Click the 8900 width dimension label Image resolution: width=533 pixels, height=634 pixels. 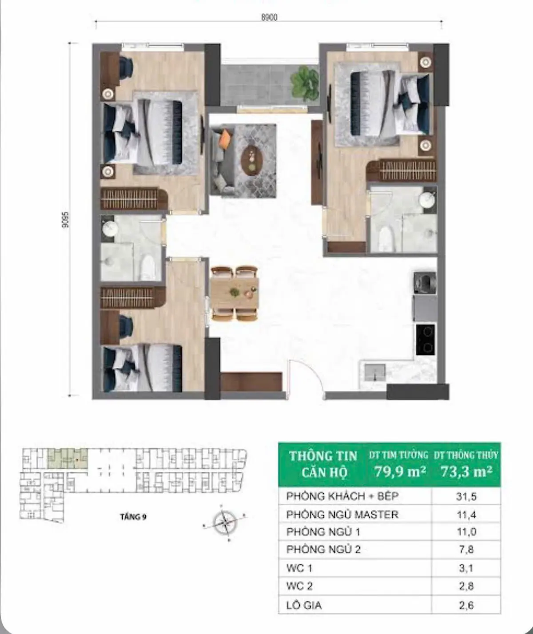(269, 17)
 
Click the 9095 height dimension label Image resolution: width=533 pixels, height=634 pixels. (65, 219)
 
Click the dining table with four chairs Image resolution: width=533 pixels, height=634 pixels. (235, 293)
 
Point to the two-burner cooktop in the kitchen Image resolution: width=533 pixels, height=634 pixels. (425, 340)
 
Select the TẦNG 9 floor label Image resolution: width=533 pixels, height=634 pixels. (133, 517)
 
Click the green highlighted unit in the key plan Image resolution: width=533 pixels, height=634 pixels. (67, 459)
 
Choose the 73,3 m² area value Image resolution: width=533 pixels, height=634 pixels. (466, 471)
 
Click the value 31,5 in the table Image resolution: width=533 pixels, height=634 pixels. (466, 496)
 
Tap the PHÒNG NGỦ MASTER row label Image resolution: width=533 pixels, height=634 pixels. (342, 515)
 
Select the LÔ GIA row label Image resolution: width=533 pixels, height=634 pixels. (304, 605)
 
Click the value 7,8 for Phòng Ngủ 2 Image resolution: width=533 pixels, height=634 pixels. (466, 550)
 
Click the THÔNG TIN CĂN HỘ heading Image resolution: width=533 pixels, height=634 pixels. (323, 464)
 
